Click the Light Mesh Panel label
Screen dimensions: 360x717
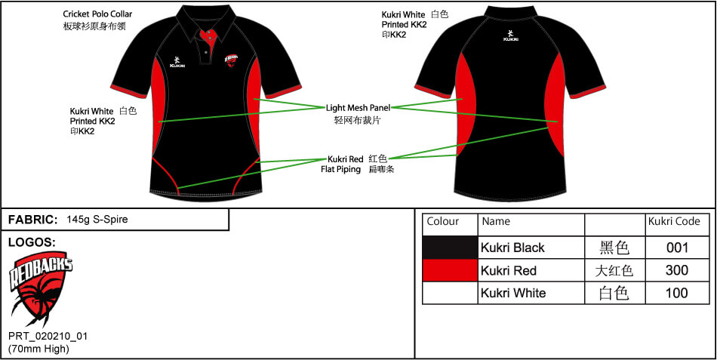pyautogui.click(x=358, y=108)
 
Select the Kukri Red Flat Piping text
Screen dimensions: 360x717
pyautogui.click(x=346, y=164)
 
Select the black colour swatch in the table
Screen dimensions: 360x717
pyautogui.click(x=450, y=248)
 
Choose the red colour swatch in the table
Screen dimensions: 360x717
pyautogui.click(x=450, y=270)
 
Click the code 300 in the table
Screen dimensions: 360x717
pyautogui.click(x=677, y=270)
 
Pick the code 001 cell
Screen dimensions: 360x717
pyautogui.click(x=677, y=248)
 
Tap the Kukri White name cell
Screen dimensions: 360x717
pyautogui.click(x=513, y=293)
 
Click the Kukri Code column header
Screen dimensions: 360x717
pyautogui.click(x=674, y=222)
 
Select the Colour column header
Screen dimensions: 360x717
pyautogui.click(x=443, y=222)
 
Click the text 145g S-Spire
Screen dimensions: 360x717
pyautogui.click(x=97, y=220)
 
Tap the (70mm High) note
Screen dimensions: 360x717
pyautogui.click(x=38, y=349)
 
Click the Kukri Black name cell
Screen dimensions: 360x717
pyautogui.click(x=512, y=248)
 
